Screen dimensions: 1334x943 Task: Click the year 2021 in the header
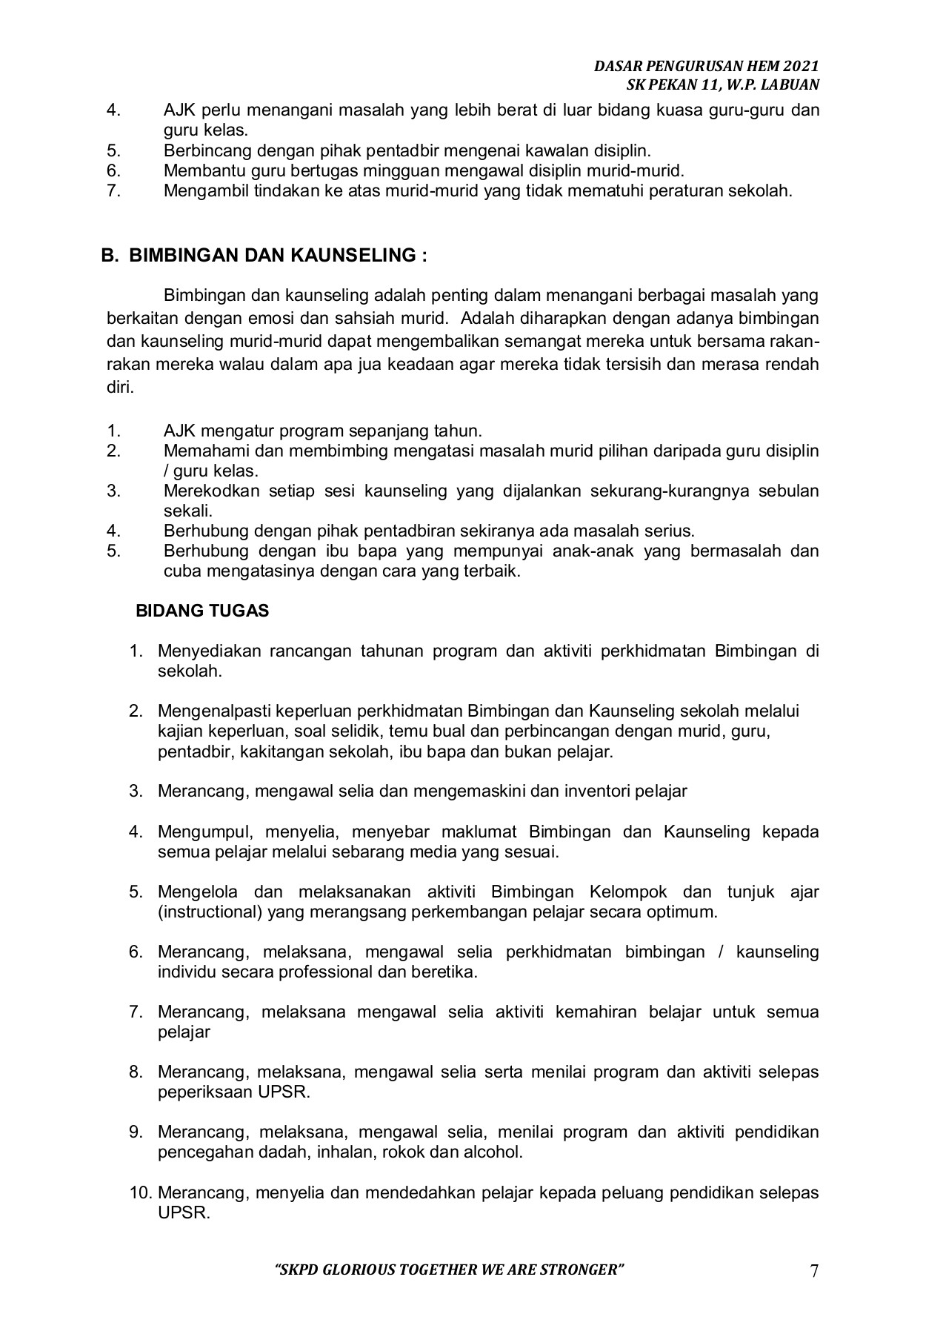[801, 67]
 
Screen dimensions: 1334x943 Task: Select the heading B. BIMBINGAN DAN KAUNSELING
[264, 256]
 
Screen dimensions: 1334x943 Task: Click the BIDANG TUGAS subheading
[202, 611]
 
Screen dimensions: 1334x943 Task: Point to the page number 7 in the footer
[814, 1271]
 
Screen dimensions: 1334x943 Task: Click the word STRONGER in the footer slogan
[582, 1270]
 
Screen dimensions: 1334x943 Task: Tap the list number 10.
[139, 1192]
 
